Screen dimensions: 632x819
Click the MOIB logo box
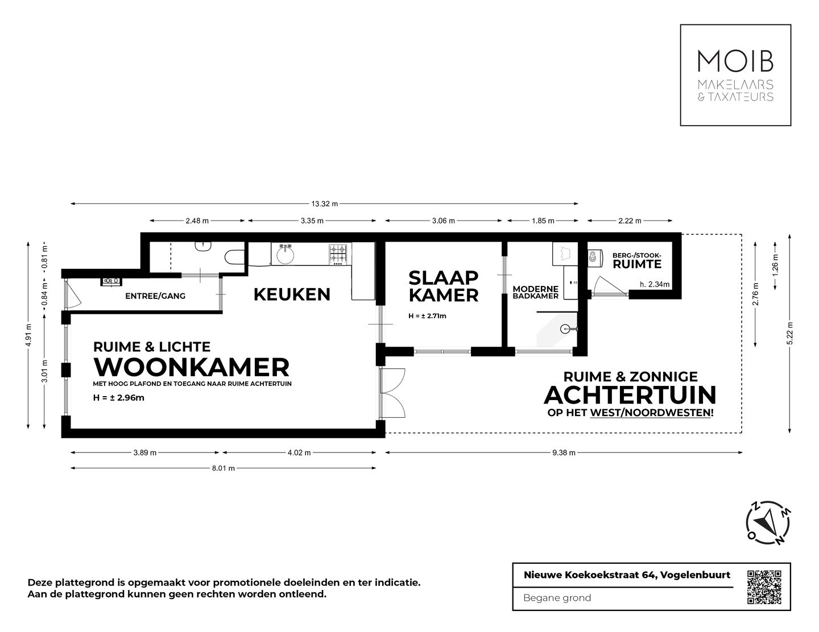[x=735, y=74]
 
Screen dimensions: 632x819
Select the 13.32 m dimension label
[x=324, y=203]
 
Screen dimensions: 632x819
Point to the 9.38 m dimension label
[x=564, y=453]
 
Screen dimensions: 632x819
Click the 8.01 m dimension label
[x=223, y=468]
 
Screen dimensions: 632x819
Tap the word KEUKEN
[x=292, y=294]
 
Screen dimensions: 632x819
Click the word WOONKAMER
[x=192, y=367]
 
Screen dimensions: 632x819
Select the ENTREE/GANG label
[x=155, y=296]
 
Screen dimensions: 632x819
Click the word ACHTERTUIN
[x=630, y=394]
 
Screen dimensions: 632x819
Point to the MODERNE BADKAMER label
[x=535, y=292]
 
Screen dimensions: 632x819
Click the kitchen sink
[x=284, y=254]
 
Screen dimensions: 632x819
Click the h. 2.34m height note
[x=654, y=284]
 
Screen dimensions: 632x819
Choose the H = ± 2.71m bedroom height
[x=427, y=316]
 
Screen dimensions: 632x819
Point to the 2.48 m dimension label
[x=197, y=221]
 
